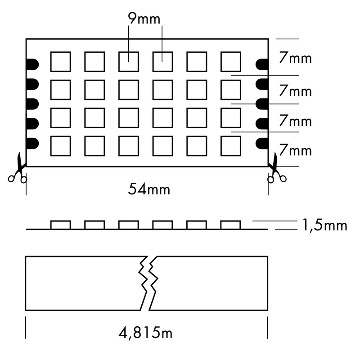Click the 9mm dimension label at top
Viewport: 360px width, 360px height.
(144, 19)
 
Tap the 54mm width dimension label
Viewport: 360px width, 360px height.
(149, 189)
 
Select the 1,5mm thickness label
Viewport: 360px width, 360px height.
(323, 225)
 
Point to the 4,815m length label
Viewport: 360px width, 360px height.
(146, 333)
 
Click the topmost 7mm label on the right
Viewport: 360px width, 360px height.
(295, 59)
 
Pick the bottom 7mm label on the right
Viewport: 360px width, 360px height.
(295, 149)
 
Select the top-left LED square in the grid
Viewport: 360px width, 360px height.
(61, 62)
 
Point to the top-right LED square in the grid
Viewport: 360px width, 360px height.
(230, 62)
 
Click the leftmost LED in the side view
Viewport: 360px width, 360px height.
(61, 225)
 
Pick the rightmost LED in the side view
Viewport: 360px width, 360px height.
(230, 225)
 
